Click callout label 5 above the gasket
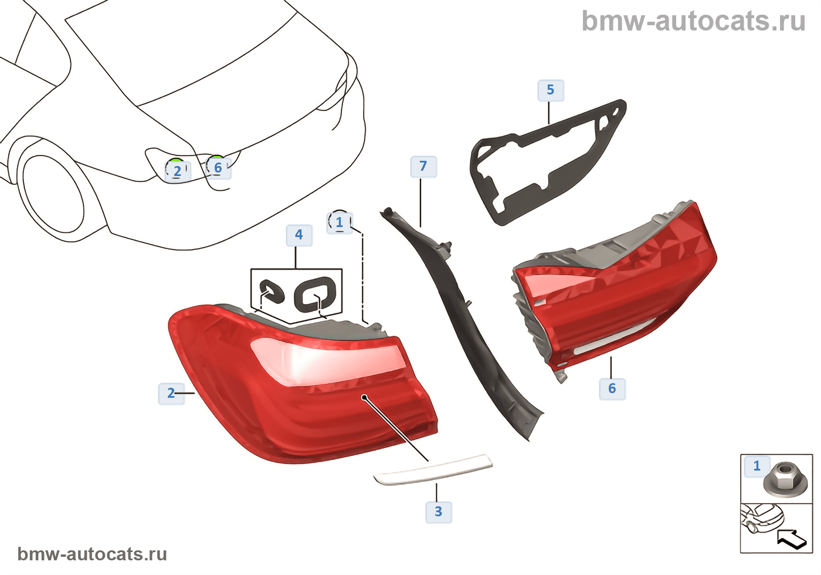550,90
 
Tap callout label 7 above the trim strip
423,167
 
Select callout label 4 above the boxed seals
298,235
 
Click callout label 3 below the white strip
438,512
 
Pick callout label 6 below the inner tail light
612,388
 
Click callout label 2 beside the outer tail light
171,393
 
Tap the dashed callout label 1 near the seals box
339,223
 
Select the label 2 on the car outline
177,171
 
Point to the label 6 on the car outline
218,168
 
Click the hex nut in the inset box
785,478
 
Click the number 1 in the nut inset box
756,466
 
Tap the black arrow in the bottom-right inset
791,538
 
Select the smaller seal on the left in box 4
272,292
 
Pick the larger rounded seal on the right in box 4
315,293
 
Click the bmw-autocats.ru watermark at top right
693,21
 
